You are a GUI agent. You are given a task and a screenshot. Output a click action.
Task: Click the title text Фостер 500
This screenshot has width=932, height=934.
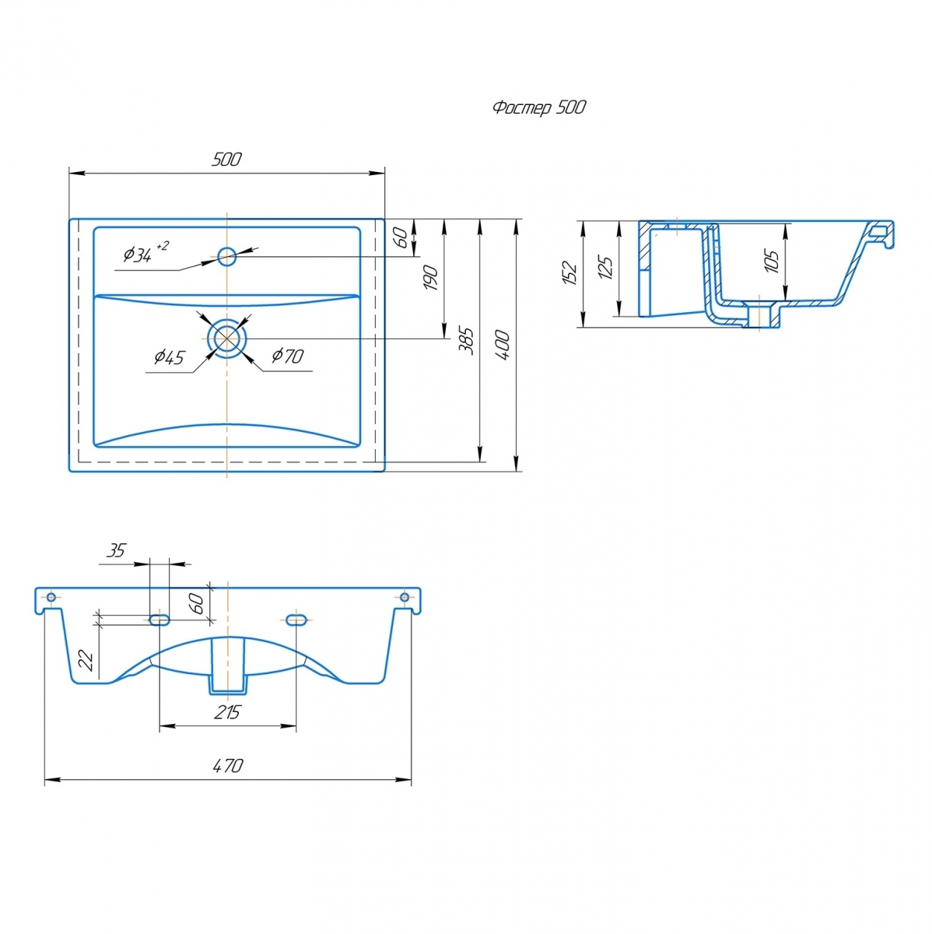(x=539, y=107)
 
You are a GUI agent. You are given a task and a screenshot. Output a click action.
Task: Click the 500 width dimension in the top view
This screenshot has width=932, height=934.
(x=226, y=160)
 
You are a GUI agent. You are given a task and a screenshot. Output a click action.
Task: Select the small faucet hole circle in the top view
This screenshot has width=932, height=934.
(x=226, y=256)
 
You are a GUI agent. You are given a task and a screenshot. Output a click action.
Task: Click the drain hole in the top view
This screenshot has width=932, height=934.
(x=227, y=338)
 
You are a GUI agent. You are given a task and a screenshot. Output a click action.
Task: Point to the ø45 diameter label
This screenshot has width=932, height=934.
(x=169, y=357)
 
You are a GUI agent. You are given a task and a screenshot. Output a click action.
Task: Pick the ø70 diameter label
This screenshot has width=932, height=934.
(x=287, y=356)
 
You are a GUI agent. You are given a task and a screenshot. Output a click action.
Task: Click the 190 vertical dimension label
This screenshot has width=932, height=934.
(x=430, y=278)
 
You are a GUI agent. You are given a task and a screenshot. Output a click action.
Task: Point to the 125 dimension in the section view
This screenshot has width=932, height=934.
(x=605, y=267)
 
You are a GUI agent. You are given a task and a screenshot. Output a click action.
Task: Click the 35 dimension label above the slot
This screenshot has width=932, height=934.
(x=117, y=551)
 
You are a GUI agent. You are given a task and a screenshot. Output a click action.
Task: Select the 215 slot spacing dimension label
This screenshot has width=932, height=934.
(x=227, y=712)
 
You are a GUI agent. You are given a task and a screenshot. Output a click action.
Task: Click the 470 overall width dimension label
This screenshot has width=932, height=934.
(x=228, y=766)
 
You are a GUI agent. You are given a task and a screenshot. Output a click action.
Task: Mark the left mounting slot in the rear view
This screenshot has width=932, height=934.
(x=159, y=620)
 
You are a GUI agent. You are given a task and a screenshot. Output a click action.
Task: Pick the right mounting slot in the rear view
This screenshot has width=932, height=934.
(x=296, y=620)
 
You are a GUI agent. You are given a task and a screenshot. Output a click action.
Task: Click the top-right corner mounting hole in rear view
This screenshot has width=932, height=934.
(x=405, y=597)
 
